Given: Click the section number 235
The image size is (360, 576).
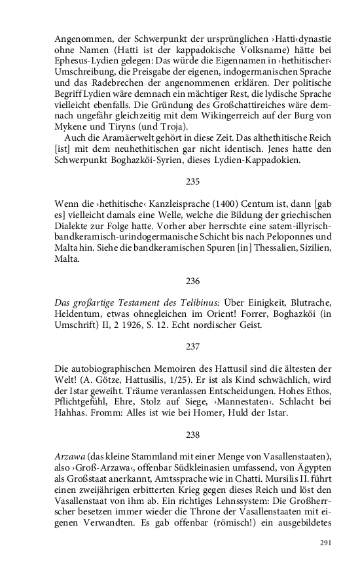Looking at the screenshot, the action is point(192,181).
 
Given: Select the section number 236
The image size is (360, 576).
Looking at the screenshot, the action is point(192,281).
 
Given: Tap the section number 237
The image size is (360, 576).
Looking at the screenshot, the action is point(192,346).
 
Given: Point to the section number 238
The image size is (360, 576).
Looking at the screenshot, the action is point(192,434).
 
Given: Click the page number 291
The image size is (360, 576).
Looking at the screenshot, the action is point(326,543).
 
